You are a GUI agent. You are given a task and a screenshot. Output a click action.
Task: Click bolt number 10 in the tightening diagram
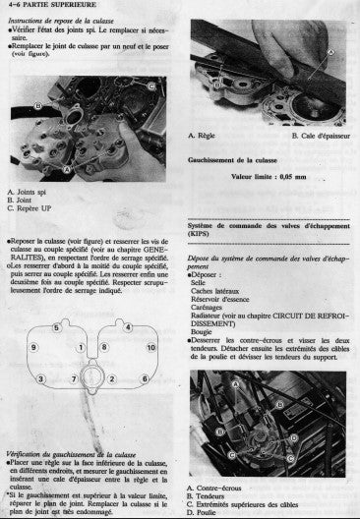150,348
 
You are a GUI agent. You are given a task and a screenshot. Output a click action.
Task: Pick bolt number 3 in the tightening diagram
40,378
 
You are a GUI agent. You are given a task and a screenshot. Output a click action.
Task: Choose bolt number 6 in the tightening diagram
143,378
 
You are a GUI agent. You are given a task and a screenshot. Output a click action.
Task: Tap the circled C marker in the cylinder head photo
150,86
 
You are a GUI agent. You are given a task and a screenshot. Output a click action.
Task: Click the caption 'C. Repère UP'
30,207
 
